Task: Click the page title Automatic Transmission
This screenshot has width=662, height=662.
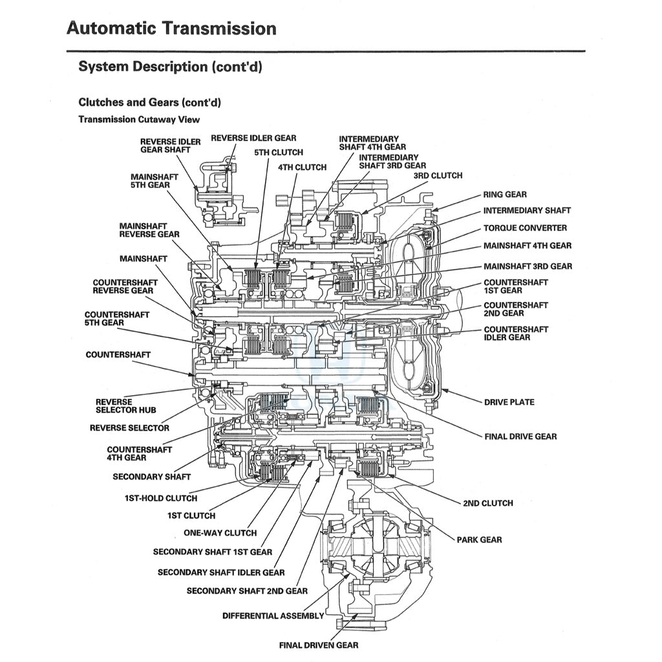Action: [171, 29]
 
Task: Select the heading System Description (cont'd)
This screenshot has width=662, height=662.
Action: [170, 67]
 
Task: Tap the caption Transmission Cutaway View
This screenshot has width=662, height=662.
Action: [139, 120]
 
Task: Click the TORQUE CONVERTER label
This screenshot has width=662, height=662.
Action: [525, 228]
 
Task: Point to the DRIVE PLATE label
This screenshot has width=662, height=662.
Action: [509, 402]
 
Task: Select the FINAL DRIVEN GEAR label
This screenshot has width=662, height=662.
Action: [318, 645]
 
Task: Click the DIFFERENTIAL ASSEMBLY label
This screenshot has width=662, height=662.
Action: [273, 616]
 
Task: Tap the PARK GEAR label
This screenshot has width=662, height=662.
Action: [479, 540]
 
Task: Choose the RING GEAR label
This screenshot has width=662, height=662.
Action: [505, 195]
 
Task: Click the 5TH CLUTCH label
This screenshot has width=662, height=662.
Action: [279, 153]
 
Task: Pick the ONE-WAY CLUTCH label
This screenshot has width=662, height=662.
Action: [220, 533]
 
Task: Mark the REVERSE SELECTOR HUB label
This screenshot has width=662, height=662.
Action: [125, 406]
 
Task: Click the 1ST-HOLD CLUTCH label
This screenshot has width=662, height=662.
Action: [161, 498]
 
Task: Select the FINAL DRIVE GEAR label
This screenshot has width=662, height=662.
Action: [520, 436]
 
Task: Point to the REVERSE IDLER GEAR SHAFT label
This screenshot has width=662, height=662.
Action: [165, 145]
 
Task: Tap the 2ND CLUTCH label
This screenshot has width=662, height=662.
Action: [488, 503]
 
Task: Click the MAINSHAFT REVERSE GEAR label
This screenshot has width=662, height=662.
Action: [149, 230]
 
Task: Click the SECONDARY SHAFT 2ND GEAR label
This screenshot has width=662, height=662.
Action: [247, 591]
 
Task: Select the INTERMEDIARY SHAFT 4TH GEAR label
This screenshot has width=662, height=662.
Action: [372, 143]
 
